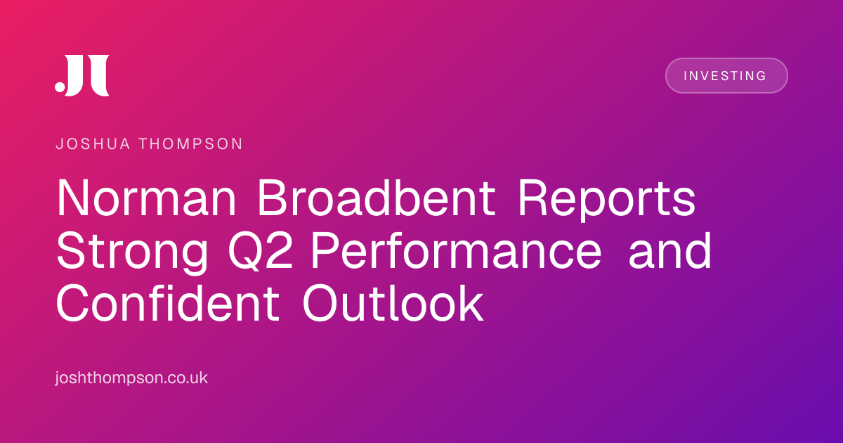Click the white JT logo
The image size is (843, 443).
click(x=82, y=75)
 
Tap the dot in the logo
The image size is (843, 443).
click(x=60, y=86)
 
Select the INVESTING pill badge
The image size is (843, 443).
click(x=726, y=76)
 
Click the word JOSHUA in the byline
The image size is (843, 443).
click(x=93, y=144)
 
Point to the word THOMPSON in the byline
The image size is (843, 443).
click(x=191, y=144)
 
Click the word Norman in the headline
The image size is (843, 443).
click(x=146, y=198)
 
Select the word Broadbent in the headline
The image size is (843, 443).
click(x=376, y=198)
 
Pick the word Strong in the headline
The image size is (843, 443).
click(x=132, y=252)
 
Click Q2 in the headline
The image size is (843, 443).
click(x=261, y=251)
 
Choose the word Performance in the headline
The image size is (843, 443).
click(x=457, y=251)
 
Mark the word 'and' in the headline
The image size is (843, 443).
click(x=670, y=250)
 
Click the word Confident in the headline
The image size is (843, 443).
click(x=168, y=304)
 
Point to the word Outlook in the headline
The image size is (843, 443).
click(x=393, y=304)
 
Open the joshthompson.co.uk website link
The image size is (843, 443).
click(x=131, y=378)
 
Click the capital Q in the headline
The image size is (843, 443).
click(x=244, y=251)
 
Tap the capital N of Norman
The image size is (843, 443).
click(x=73, y=198)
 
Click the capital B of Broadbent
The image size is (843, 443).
click(x=273, y=198)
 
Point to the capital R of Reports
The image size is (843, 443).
click(x=534, y=198)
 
